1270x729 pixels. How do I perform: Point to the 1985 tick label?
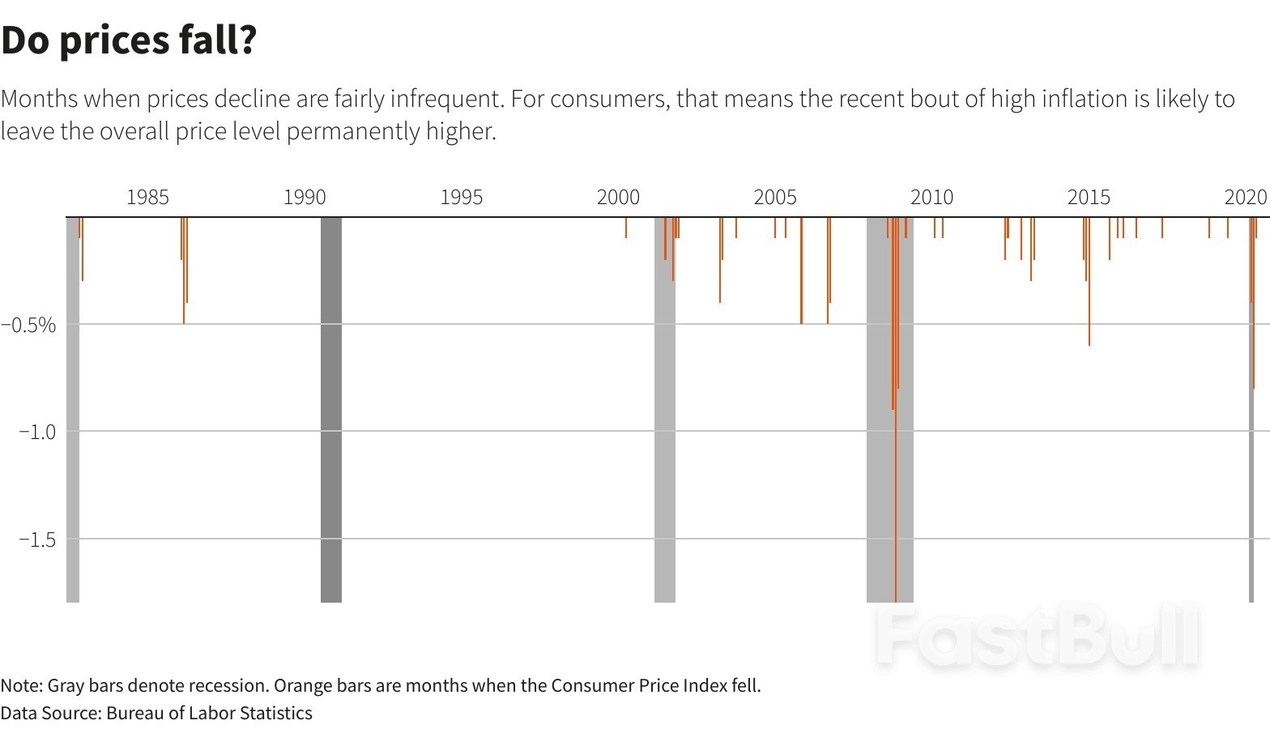tap(147, 197)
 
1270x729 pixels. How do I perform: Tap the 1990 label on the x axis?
tap(305, 197)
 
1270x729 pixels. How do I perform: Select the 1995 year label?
tap(461, 197)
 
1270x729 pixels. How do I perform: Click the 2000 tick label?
tap(618, 197)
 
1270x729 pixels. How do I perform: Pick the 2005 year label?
tap(775, 197)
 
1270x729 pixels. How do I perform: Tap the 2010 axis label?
tap(931, 197)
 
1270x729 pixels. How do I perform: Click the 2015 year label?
tap(1089, 197)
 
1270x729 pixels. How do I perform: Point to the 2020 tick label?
tap(1245, 197)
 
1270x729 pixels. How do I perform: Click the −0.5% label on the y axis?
tap(29, 325)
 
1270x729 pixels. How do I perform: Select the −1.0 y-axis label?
tap(37, 432)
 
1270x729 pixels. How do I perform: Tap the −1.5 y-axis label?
tap(37, 539)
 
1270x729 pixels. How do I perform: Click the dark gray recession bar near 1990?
tap(330, 409)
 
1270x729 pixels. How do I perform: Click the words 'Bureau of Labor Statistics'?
tap(209, 713)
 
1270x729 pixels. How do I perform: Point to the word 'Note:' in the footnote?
tap(22, 685)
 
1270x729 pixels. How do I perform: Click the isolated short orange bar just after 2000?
tap(626, 228)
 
